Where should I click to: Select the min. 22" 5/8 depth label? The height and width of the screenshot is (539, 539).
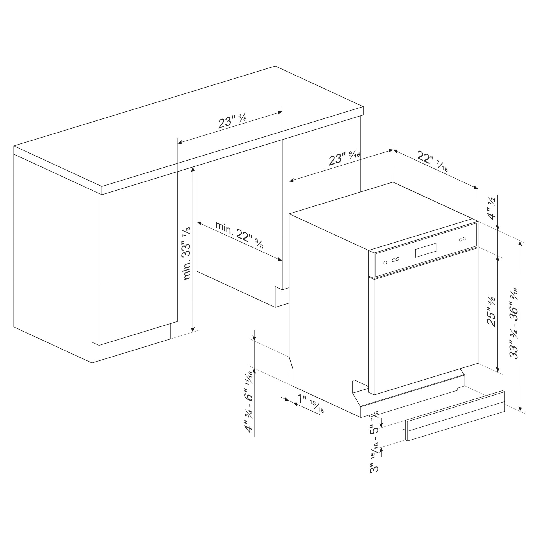pyautogui.click(x=239, y=235)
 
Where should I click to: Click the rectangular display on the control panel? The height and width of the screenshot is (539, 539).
pyautogui.click(x=426, y=250)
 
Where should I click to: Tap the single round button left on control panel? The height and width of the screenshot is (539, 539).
pyautogui.click(x=385, y=263)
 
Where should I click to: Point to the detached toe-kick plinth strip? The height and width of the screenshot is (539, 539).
pyautogui.click(x=455, y=416)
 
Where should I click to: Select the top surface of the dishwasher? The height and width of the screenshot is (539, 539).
pyautogui.click(x=383, y=216)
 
